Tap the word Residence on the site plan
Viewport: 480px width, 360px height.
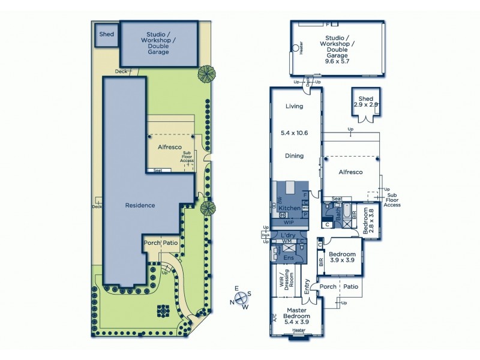click(140, 205)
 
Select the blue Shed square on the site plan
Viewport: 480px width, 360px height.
click(107, 35)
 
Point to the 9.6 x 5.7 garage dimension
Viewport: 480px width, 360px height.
click(337, 61)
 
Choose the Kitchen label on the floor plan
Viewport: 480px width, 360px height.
click(289, 208)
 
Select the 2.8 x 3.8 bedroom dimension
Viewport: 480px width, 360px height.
click(371, 220)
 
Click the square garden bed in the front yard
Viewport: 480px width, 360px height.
click(163, 311)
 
